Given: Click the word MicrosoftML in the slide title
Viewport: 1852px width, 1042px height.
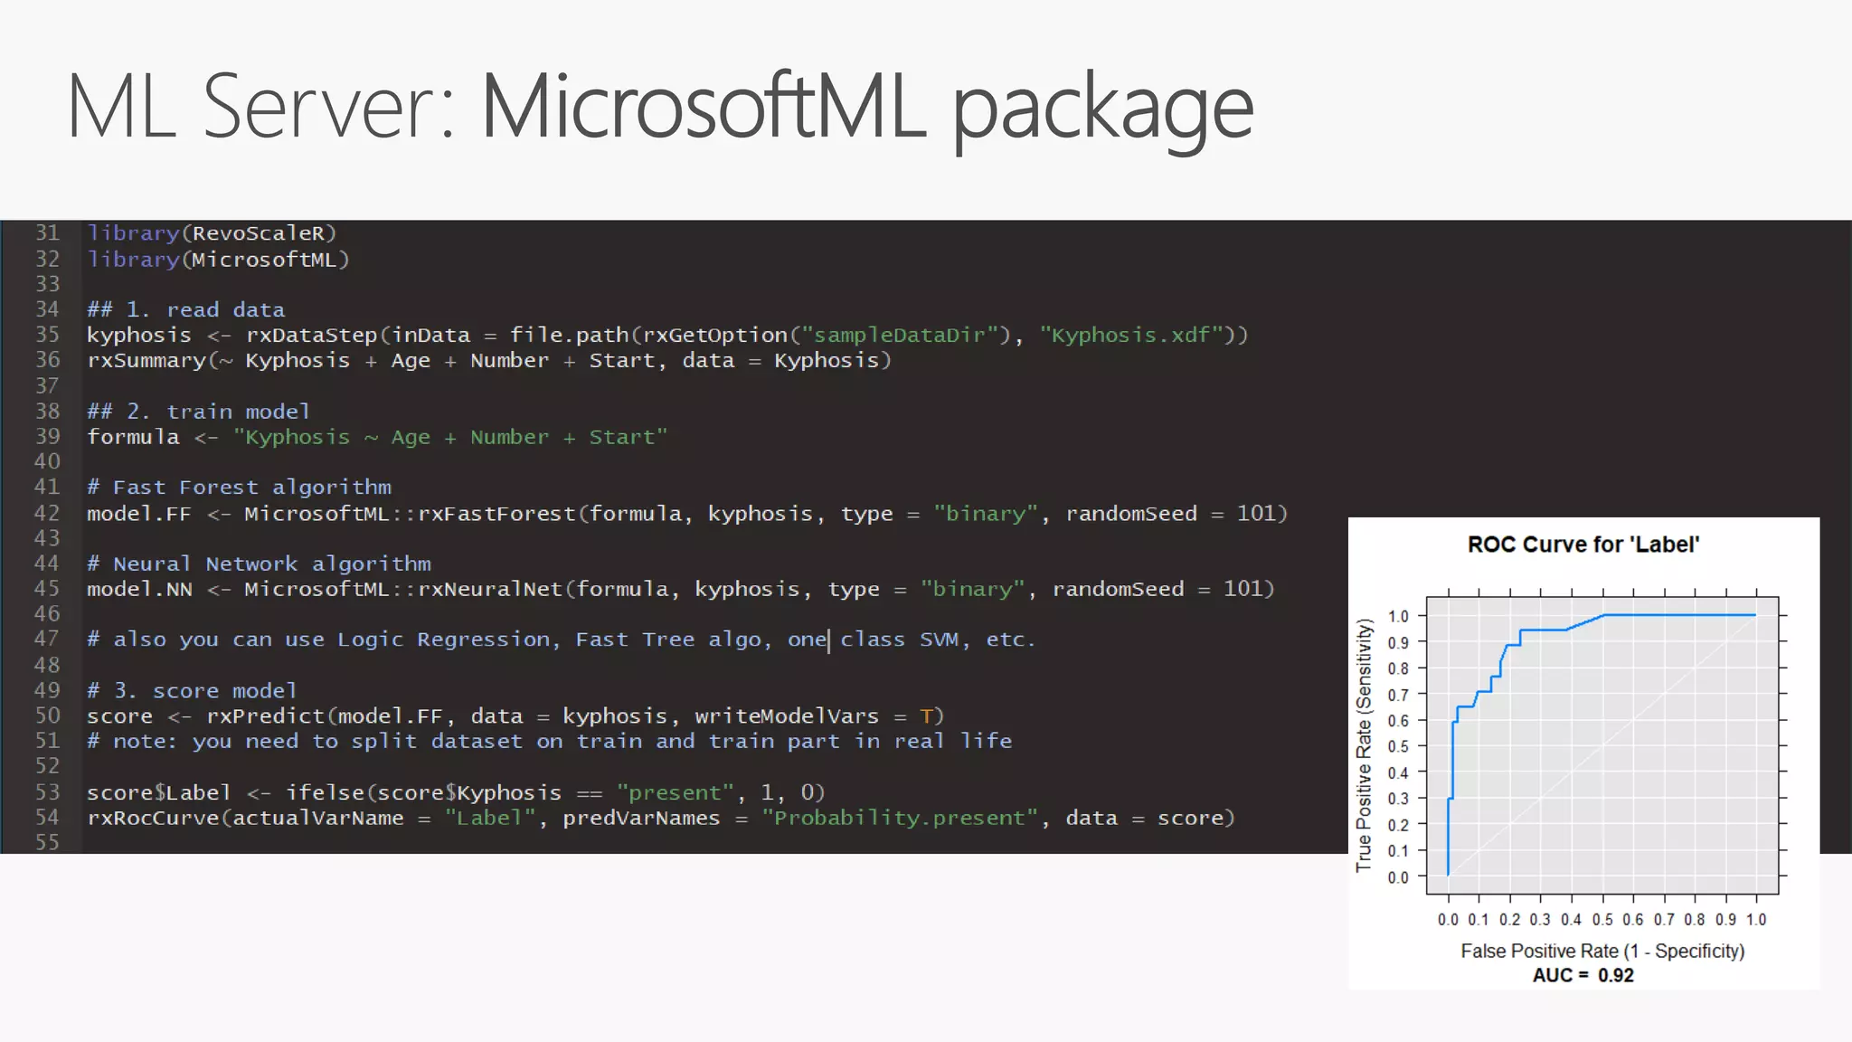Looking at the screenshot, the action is coord(704,107).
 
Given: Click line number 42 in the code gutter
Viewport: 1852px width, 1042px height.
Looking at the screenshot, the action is coord(47,513).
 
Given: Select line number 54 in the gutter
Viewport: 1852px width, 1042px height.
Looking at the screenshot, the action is coord(47,818).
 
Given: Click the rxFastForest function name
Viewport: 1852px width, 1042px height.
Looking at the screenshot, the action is coord(496,514).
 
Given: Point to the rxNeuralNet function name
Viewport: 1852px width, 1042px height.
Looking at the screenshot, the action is coord(490,590).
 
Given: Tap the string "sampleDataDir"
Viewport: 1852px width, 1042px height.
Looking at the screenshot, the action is coord(901,336).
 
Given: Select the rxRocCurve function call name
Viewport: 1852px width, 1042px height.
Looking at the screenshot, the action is coord(153,819).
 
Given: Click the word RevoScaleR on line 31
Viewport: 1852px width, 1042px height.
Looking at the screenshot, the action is coord(258,233).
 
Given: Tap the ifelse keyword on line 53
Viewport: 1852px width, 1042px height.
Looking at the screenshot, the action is coord(325,793).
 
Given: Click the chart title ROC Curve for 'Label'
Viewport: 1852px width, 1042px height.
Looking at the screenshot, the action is coord(1583,545).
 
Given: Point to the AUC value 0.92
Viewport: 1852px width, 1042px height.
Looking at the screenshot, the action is coord(1616,975).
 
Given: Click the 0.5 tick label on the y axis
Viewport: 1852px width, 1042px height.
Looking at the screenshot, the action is coord(1398,747).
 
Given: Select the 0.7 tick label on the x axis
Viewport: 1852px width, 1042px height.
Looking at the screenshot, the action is coord(1664,920).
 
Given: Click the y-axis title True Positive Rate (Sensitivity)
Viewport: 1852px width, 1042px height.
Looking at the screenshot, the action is coord(1364,745).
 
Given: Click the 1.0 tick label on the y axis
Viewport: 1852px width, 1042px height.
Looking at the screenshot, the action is coord(1398,616).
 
